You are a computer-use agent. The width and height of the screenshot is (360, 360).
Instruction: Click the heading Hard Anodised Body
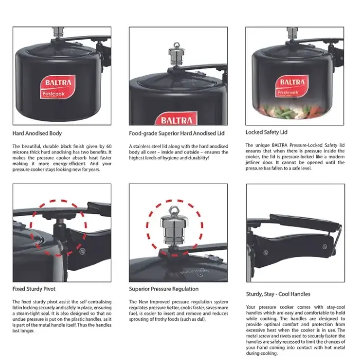tap(37, 133)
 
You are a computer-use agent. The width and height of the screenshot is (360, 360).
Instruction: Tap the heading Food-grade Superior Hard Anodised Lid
tap(176, 133)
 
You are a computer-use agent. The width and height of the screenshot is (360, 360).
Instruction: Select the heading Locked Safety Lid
tap(266, 132)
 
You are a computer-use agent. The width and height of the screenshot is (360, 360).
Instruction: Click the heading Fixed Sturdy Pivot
tap(34, 289)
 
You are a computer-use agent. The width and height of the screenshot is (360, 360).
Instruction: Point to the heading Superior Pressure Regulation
tap(164, 289)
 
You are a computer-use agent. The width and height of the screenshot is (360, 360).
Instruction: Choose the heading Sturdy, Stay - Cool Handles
tap(278, 294)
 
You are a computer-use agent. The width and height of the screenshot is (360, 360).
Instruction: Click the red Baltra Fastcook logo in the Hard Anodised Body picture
tap(58, 87)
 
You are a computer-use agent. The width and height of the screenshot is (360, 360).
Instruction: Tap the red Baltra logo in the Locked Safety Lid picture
tap(292, 87)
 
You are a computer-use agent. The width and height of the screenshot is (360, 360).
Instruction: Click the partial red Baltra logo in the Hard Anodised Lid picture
tap(176, 119)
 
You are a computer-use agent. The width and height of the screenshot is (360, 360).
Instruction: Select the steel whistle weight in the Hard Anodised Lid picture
tap(176, 54)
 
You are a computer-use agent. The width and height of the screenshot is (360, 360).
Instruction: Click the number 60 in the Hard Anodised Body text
tap(109, 147)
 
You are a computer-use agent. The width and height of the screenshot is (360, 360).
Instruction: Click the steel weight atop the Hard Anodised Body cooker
tap(58, 32)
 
